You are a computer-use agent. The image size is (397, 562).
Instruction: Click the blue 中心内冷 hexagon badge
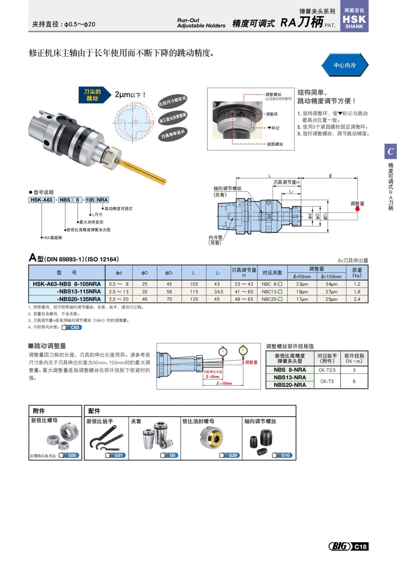pos(344,65)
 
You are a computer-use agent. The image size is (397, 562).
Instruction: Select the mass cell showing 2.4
pos(357,299)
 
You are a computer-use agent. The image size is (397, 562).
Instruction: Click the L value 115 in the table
pos(194,292)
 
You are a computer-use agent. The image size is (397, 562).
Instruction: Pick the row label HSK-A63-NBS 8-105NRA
pos(67,284)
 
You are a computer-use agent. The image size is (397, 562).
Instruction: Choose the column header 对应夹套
pos(272,273)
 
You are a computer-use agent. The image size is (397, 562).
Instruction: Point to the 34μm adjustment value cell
pos(331,284)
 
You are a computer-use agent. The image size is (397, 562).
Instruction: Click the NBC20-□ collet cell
pos(272,299)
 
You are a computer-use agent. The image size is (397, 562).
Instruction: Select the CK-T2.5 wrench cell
pos(327,370)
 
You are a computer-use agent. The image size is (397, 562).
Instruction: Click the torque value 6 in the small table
pos(354,381)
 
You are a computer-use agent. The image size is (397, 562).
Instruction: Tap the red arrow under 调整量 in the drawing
pos(357,209)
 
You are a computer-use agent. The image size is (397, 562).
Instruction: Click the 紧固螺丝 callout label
pos(275,144)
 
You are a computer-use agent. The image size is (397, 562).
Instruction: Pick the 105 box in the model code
pos(90,200)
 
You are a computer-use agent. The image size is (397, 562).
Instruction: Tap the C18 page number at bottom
pos(360,546)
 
